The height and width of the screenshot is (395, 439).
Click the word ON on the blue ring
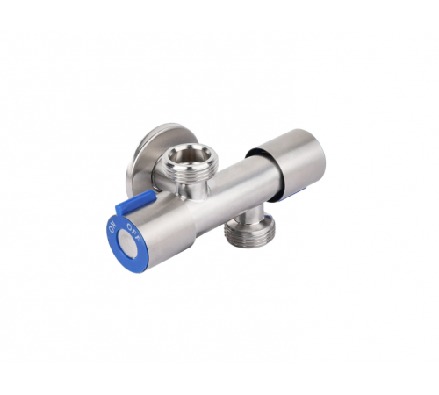113,227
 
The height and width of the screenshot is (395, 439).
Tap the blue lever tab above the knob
135,202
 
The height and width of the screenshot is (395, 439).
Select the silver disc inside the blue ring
127,244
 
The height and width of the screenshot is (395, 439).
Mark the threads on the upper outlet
191,173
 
